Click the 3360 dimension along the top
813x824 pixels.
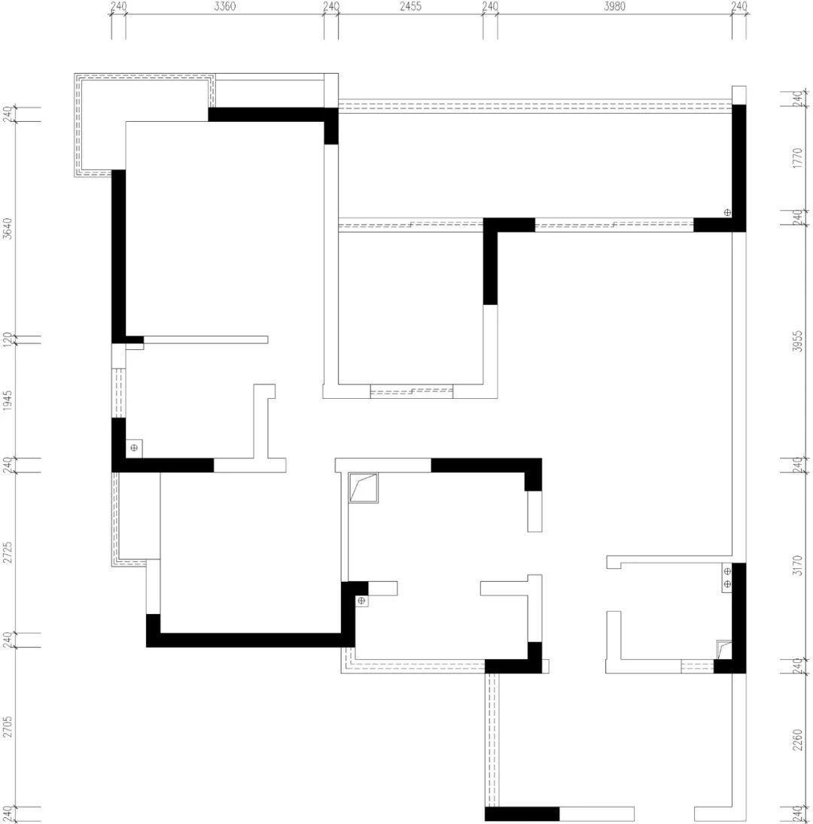(x=225, y=6)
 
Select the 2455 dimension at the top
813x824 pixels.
(x=410, y=6)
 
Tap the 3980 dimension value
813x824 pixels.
(x=614, y=6)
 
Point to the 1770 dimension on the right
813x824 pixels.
(x=798, y=158)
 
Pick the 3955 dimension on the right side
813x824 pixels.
(x=798, y=341)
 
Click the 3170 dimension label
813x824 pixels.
(x=798, y=565)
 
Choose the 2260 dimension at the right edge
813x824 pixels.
(x=798, y=740)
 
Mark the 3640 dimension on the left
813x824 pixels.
(x=8, y=229)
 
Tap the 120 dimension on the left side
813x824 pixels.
(x=8, y=339)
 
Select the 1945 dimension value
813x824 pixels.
(x=8, y=400)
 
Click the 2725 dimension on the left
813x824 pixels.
(x=8, y=552)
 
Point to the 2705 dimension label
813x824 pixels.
(x=8, y=726)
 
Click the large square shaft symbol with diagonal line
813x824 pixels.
(x=364, y=488)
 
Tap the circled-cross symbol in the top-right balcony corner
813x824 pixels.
(x=727, y=212)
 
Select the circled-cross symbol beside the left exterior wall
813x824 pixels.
(x=134, y=448)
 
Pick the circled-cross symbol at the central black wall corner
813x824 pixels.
(x=361, y=601)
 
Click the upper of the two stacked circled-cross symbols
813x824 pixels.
(x=727, y=571)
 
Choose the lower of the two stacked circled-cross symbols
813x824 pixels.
(x=727, y=584)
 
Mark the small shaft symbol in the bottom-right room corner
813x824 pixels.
(x=724, y=649)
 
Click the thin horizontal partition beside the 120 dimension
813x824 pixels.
(x=206, y=339)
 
